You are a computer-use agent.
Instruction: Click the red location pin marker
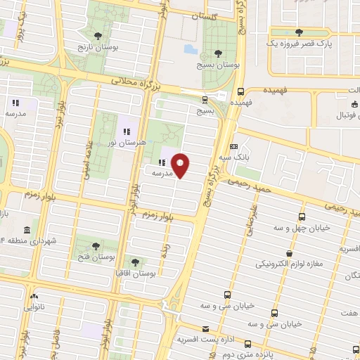coord(181,166)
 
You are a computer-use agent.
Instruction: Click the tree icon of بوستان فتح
coord(95,246)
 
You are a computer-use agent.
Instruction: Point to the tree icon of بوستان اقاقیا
coord(135,262)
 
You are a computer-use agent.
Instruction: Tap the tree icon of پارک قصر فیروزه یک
coord(300,32)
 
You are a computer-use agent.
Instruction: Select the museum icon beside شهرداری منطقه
coord(27,231)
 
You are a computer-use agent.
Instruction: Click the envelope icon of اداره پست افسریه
coord(205,329)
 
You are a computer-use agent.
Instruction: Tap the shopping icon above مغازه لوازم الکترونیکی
coord(289,253)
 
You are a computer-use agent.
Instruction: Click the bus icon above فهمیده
coord(240,91)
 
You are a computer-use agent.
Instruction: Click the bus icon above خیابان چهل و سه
coord(302,217)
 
